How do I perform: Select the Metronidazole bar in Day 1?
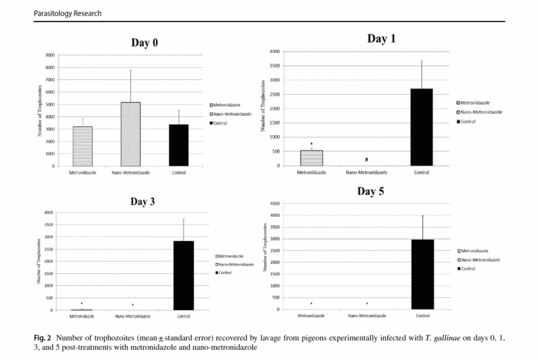tap(311, 157)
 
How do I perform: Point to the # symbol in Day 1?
tap(367, 159)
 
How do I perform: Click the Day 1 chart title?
tap(381, 39)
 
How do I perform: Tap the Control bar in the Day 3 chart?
tap(184, 275)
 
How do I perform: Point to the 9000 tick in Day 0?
tap(50, 55)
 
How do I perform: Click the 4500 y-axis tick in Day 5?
tap(274, 203)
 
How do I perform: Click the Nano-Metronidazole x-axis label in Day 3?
tap(131, 316)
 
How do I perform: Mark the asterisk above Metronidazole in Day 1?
tap(311, 144)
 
